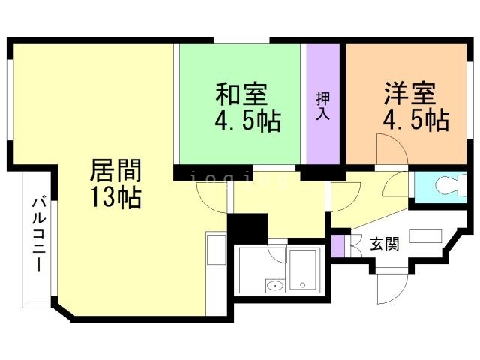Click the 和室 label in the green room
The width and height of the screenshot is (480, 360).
(x=240, y=95)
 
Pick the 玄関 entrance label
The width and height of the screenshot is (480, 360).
(x=385, y=244)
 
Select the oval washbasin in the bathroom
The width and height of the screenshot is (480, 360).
(x=275, y=285)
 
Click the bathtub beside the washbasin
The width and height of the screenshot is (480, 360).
(x=304, y=270)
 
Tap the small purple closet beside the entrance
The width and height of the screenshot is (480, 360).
(x=338, y=245)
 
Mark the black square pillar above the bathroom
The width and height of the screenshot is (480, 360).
(x=247, y=227)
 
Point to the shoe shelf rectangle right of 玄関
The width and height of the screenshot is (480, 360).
(x=425, y=235)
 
